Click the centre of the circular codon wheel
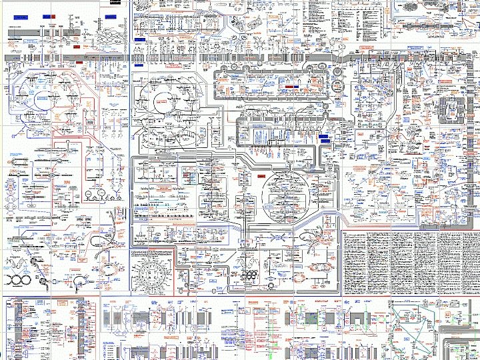[155, 272]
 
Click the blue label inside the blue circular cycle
[44, 97]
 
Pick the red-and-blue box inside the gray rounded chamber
[292, 87]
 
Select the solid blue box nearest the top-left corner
[50, 15]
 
